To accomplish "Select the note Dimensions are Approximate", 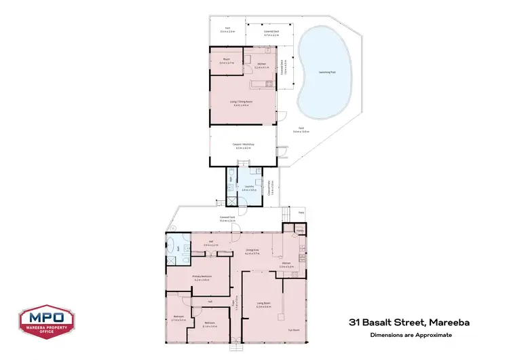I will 410,335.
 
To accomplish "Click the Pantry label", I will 299,231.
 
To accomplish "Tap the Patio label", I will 300,213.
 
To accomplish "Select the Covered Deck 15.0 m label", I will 227,219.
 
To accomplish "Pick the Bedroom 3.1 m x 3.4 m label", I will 210,325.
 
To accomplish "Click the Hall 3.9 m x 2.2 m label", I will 210,244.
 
